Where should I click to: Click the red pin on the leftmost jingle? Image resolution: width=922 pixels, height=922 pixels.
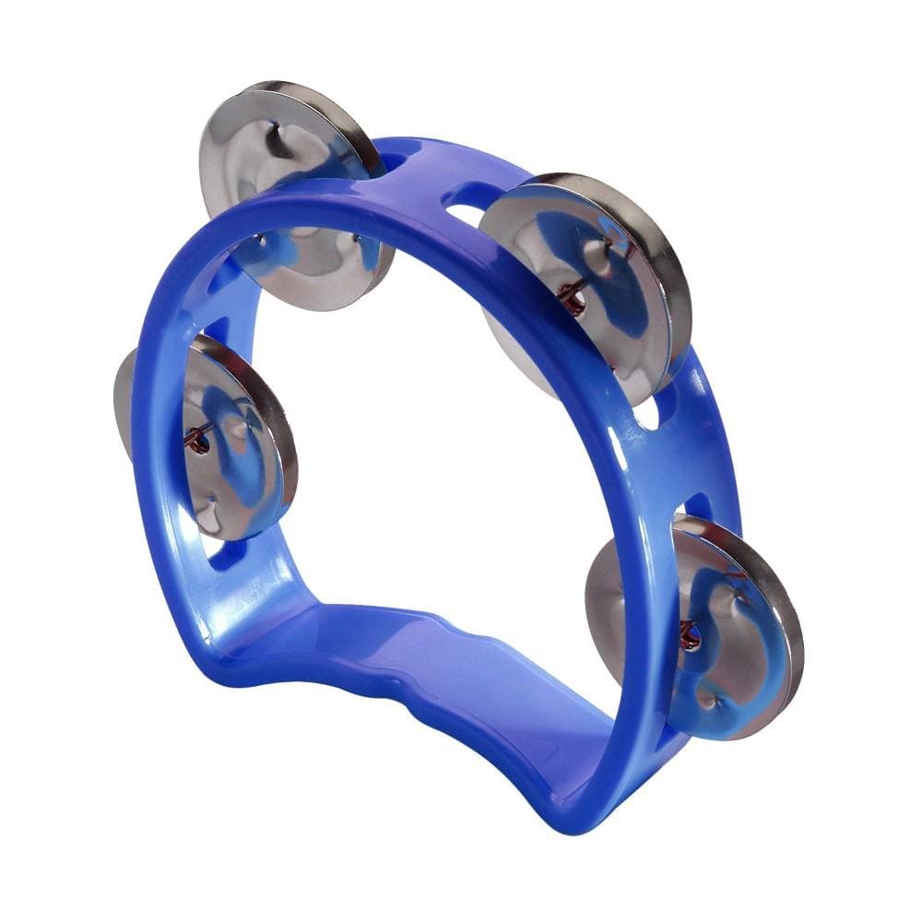(195, 441)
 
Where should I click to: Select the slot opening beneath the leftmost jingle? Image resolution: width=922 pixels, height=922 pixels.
(221, 553)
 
